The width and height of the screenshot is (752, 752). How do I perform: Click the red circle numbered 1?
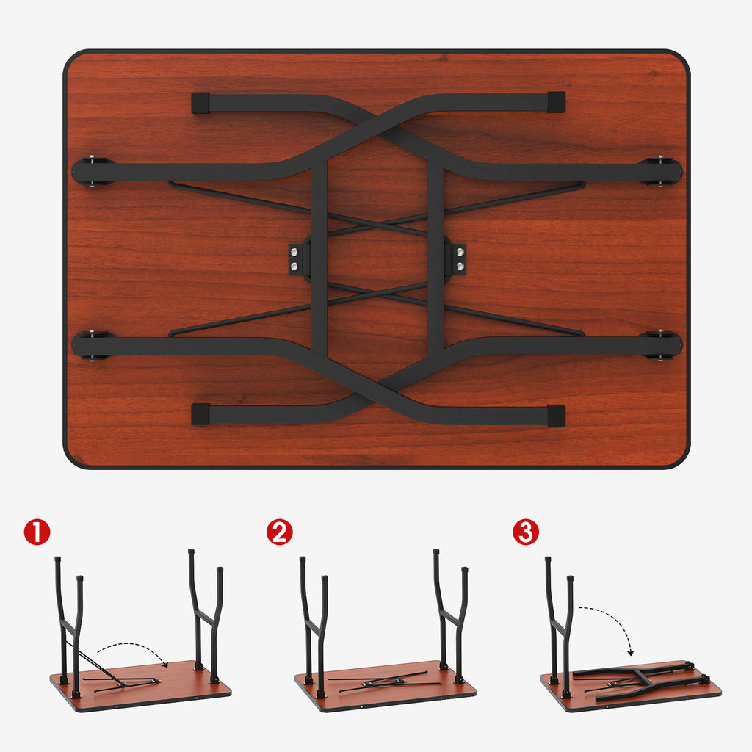(37, 532)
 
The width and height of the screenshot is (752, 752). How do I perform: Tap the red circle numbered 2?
(280, 532)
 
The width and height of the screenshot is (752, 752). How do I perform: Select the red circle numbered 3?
(526, 532)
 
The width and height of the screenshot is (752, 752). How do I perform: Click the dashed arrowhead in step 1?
(165, 664)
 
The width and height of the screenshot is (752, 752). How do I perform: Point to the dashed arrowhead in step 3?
(631, 652)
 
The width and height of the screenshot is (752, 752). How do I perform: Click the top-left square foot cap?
(200, 103)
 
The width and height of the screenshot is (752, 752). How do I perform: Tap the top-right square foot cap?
(556, 102)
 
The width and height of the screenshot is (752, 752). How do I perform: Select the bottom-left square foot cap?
(200, 414)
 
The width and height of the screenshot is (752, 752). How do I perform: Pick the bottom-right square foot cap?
(556, 416)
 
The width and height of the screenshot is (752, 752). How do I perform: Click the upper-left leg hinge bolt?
(92, 170)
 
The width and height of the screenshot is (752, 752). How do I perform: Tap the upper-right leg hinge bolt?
(661, 170)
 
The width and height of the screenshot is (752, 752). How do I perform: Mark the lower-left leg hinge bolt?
(92, 345)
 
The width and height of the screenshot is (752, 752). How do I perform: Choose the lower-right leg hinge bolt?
(661, 345)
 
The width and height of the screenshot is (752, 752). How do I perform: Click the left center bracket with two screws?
(294, 259)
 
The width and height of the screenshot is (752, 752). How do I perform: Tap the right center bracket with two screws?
(460, 259)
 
